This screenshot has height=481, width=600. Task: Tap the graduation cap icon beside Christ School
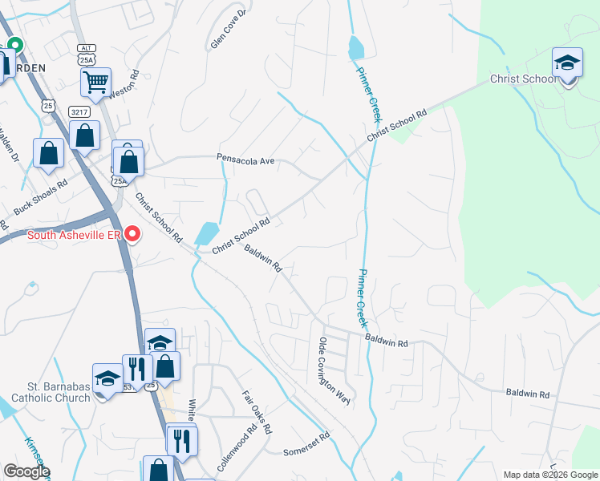click(566, 63)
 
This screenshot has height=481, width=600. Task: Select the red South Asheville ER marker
click(133, 235)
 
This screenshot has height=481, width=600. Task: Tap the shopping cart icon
click(95, 82)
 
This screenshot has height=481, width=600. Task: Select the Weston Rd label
click(124, 83)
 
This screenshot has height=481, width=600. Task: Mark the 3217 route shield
click(79, 111)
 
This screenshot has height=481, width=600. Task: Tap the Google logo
click(26, 471)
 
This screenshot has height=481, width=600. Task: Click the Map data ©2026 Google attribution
click(549, 475)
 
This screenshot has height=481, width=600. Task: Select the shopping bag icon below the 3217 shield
click(85, 135)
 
